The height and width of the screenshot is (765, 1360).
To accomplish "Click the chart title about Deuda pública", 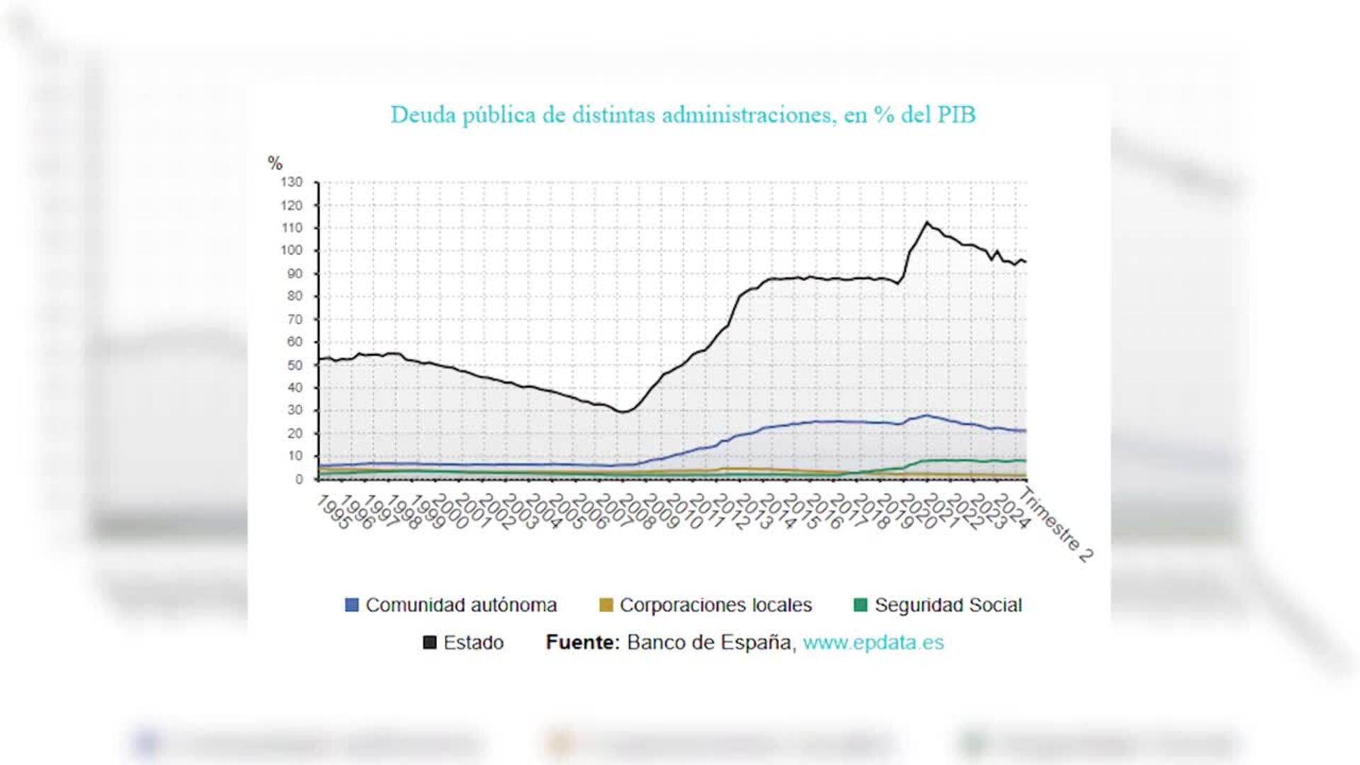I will click(683, 115).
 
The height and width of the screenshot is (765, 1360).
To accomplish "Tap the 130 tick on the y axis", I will click(291, 182).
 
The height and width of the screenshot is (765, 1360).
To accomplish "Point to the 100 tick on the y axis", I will click(291, 250).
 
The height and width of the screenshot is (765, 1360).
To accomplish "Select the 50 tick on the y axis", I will click(294, 365).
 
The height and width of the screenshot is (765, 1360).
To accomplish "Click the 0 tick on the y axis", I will click(299, 480).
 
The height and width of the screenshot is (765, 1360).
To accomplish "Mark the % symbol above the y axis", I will click(275, 163).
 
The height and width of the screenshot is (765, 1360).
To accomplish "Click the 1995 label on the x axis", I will click(333, 512).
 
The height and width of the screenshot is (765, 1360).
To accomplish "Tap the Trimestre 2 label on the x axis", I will click(1056, 524).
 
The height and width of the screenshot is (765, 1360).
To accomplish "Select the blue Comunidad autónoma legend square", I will click(351, 605).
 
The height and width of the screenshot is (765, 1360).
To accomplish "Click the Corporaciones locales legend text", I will click(715, 605).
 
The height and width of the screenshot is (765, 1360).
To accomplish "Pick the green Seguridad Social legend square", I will click(861, 605).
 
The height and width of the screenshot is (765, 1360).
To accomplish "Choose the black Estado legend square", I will click(429, 642).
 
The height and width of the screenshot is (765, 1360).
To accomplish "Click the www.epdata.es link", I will click(873, 642).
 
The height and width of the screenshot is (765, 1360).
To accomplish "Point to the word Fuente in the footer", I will click(582, 642).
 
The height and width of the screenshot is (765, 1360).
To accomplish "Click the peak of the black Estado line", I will click(926, 222).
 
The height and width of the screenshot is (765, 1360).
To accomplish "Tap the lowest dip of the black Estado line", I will click(623, 412).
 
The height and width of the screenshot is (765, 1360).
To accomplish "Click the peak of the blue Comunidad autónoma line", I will click(926, 415).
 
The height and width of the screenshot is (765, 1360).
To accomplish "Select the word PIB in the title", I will click(957, 115).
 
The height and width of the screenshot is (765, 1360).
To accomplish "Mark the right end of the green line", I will click(1025, 460).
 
